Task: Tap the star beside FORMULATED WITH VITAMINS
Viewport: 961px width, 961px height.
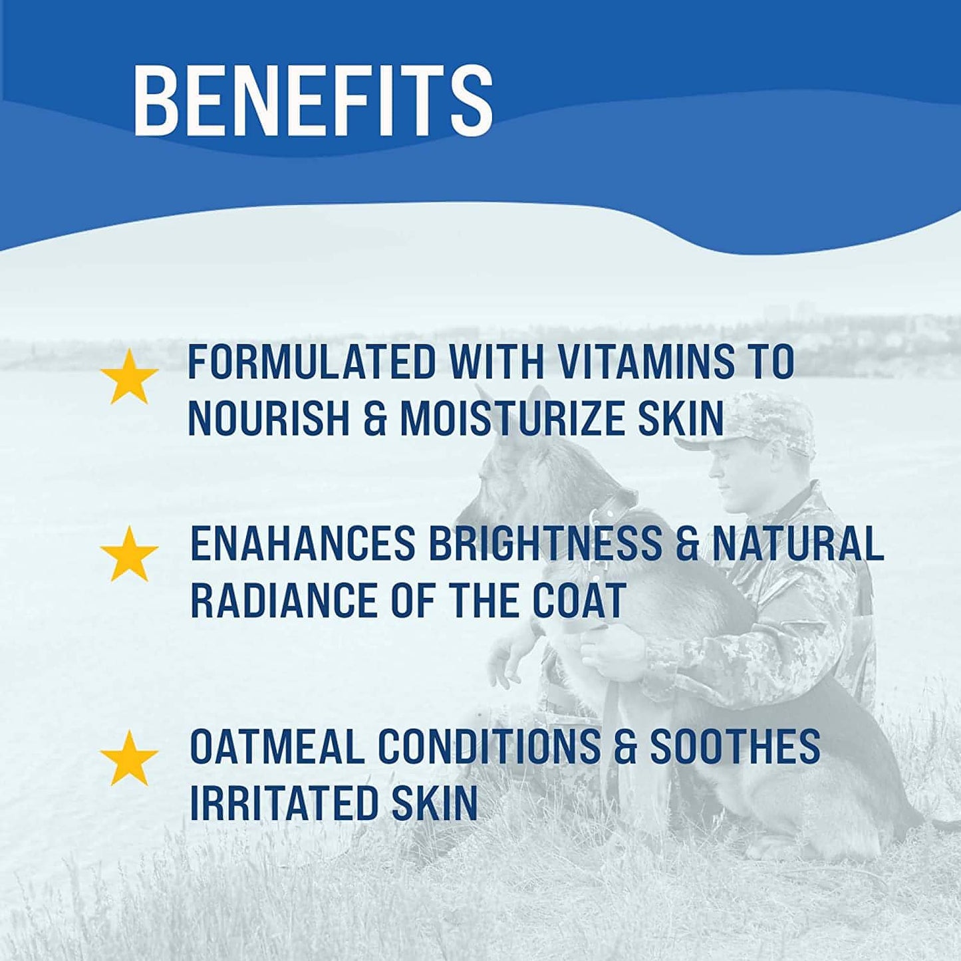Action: [x=129, y=376]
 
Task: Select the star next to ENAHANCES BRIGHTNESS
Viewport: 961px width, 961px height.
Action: [x=129, y=553]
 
